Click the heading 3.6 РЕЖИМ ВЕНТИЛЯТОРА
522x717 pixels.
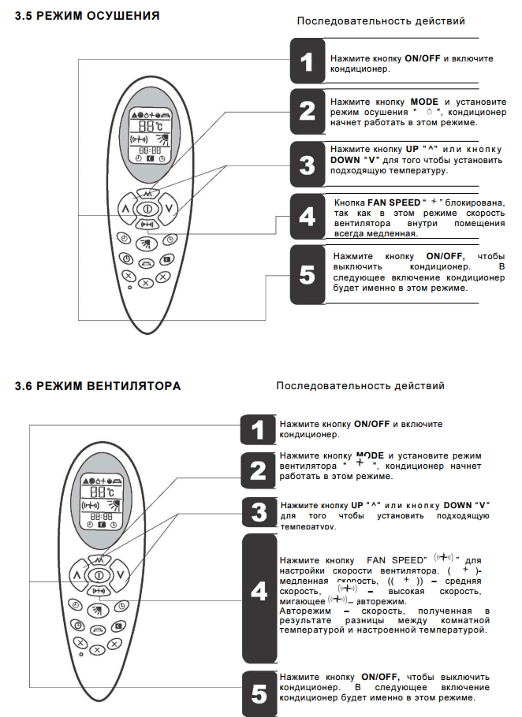[x=98, y=386]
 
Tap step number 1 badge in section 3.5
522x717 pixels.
[x=307, y=62]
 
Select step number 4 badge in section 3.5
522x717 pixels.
[x=307, y=215]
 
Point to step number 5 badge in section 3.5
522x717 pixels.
[x=307, y=274]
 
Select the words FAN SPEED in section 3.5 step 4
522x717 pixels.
[x=394, y=202]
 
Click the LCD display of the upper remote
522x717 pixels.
[x=147, y=136]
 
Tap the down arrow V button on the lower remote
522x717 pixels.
[x=121, y=574]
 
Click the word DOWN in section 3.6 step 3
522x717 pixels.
[x=458, y=504]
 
